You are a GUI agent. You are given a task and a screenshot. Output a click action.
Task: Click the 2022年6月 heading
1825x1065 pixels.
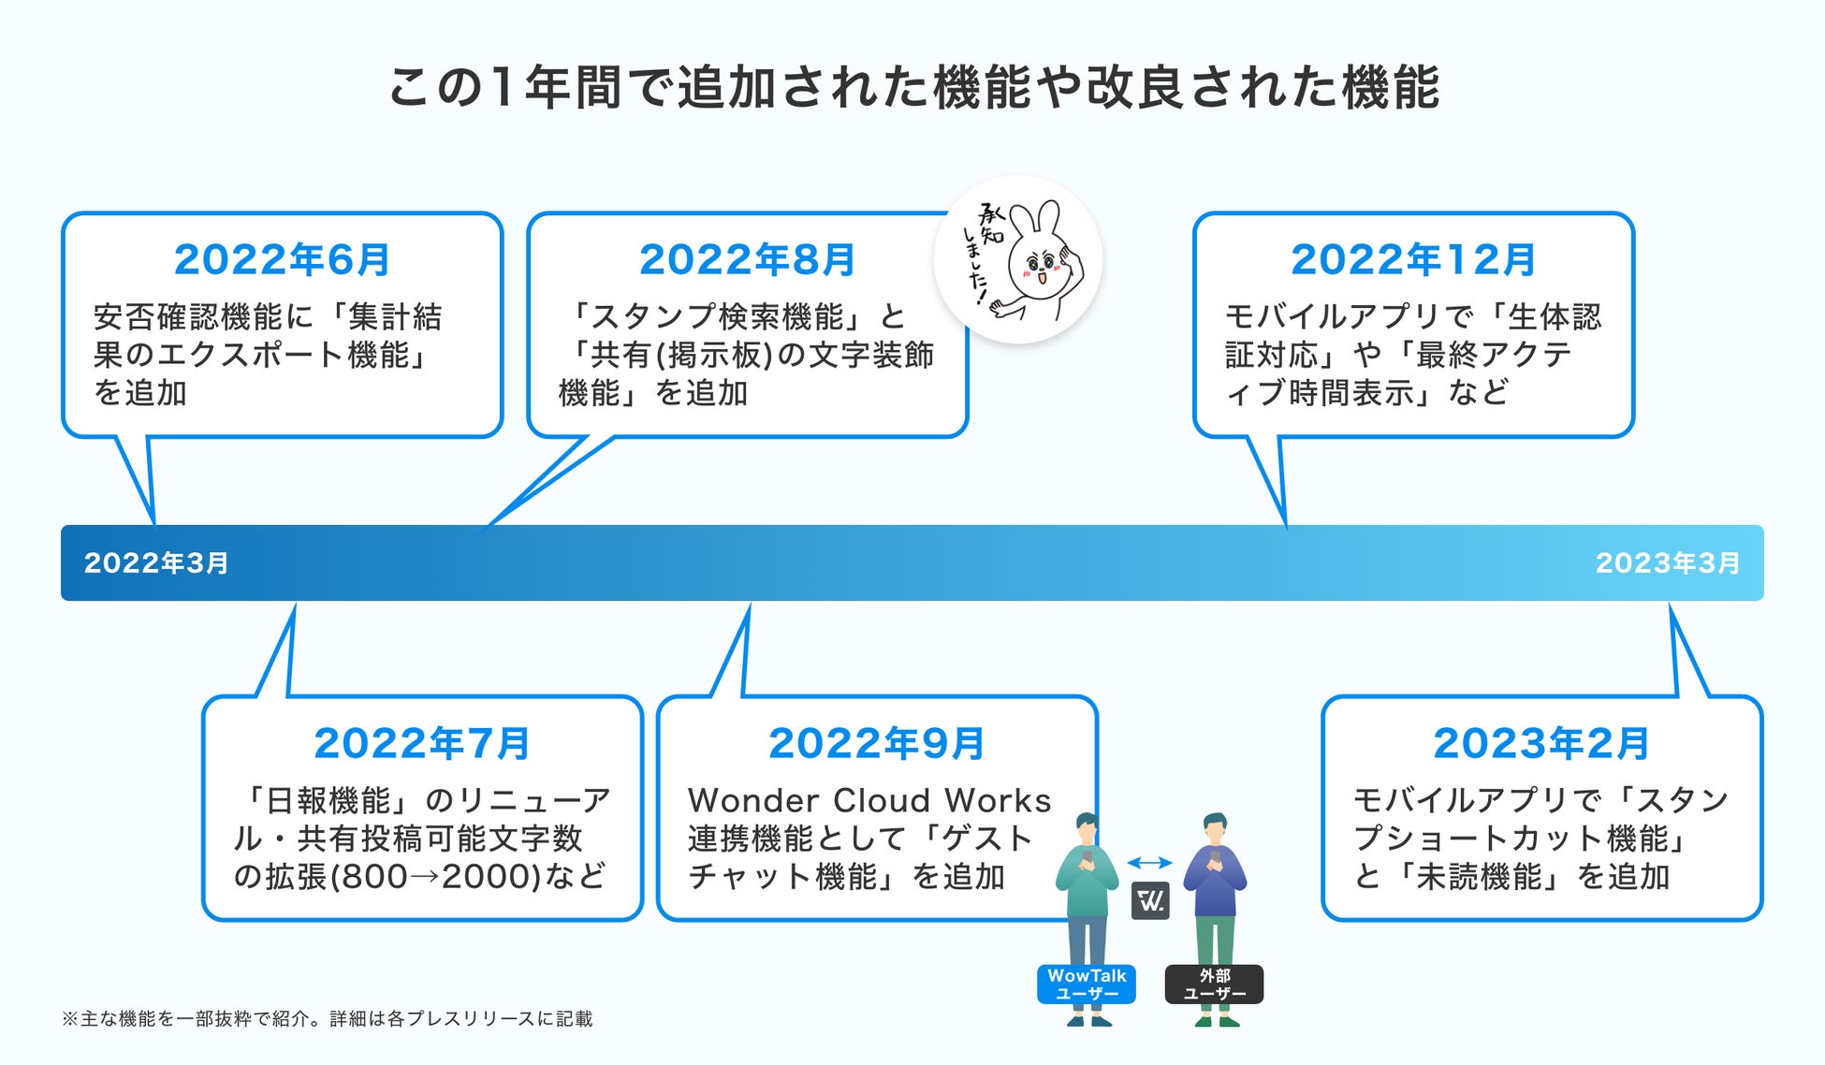point(282,260)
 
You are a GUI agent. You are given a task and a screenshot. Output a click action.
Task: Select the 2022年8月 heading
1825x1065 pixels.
point(747,260)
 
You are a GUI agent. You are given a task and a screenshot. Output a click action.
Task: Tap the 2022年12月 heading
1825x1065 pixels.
point(1413,260)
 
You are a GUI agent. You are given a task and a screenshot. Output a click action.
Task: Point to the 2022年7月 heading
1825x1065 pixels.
point(422,744)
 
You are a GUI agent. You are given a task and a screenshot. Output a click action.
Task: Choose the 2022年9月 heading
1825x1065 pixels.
point(877,744)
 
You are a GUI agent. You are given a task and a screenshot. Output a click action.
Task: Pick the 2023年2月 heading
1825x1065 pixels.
point(1541,744)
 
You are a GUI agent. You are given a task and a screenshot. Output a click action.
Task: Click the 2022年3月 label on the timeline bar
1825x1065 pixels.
point(156,563)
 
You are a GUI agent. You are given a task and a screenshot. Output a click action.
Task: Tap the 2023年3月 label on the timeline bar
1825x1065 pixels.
point(1667,563)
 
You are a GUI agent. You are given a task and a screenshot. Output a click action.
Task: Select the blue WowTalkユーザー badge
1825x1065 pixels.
point(1087,985)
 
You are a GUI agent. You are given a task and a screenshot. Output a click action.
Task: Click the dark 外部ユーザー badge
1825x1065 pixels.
point(1214,985)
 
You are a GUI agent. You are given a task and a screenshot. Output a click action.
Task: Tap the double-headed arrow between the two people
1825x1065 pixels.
point(1149,863)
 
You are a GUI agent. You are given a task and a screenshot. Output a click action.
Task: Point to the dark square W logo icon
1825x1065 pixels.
point(1150,901)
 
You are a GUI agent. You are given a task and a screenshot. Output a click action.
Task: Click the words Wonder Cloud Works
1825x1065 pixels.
point(869,801)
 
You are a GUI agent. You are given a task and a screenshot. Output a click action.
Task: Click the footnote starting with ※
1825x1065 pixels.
point(327,1019)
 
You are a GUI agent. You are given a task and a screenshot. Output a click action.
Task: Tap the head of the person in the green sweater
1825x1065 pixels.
point(1087,829)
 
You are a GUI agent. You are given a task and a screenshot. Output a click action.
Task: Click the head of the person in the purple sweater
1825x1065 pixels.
point(1214,829)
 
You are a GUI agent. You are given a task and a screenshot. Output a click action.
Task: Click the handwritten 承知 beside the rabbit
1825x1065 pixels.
point(990,224)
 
